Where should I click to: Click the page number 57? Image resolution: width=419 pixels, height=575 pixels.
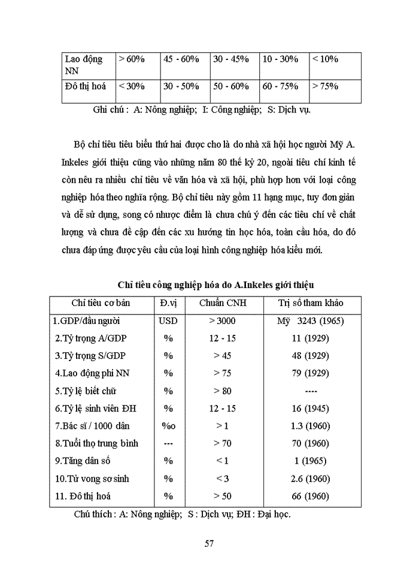[209, 543]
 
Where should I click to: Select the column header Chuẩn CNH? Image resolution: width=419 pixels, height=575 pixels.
[223, 303]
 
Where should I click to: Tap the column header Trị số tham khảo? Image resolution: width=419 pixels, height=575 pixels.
[311, 303]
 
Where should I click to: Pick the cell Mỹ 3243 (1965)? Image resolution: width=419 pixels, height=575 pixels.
[310, 320]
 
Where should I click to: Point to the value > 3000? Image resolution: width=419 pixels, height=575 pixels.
[223, 320]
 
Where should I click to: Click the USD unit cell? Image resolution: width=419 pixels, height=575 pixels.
[168, 320]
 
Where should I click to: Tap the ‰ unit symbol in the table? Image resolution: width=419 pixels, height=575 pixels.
[168, 426]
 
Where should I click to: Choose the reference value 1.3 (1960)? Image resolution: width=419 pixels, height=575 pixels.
[311, 426]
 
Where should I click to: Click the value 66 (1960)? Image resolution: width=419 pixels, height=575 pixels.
[311, 496]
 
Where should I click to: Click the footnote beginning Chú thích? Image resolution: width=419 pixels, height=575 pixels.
[183, 514]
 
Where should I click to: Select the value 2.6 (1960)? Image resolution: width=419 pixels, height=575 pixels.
[311, 479]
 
